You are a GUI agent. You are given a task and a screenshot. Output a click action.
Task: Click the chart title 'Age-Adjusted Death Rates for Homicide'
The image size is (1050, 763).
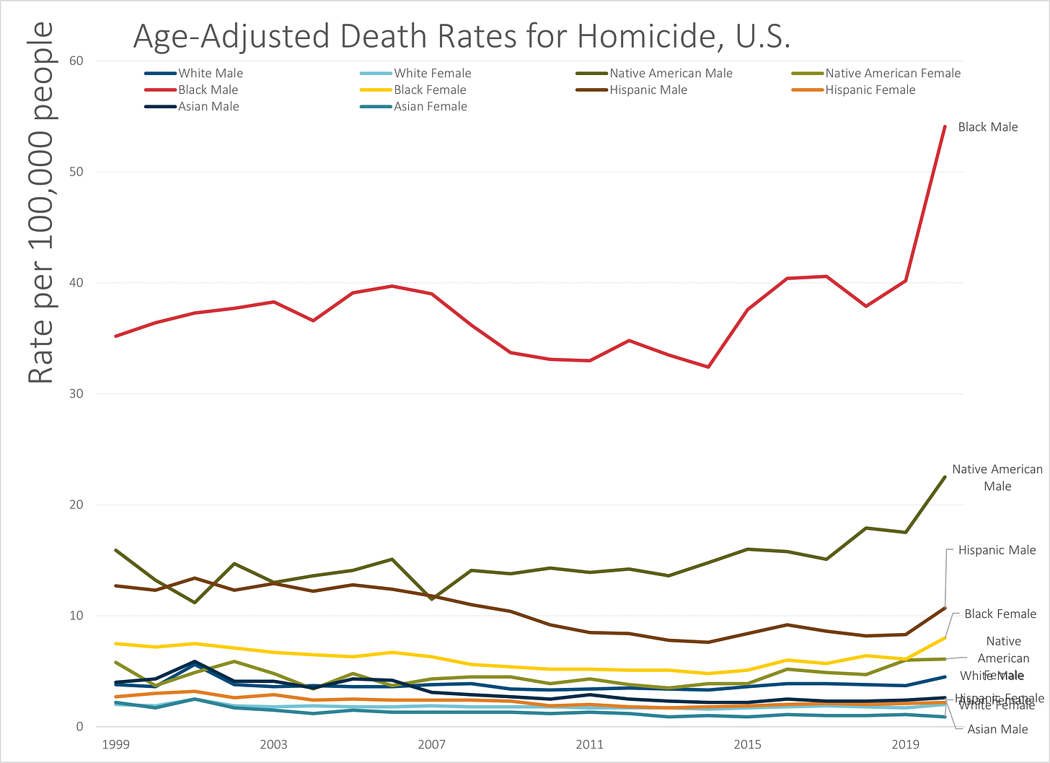click(462, 36)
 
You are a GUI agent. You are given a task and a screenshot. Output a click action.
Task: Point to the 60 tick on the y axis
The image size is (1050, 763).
click(76, 61)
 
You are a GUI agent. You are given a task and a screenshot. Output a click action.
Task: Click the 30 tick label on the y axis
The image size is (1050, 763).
click(76, 393)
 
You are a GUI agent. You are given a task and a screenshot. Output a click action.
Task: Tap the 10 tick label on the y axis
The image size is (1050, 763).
click(76, 616)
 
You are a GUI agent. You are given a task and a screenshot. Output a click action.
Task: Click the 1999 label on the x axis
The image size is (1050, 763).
click(116, 744)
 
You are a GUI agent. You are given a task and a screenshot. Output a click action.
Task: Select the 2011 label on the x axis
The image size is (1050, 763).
click(590, 744)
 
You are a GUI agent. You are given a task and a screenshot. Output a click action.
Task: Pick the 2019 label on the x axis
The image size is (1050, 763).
click(906, 744)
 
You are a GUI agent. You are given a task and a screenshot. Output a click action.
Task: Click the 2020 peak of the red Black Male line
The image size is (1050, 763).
click(945, 127)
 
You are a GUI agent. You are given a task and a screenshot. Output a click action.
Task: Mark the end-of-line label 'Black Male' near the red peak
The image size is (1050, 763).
click(987, 127)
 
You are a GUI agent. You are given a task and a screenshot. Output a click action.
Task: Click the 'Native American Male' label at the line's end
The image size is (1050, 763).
click(997, 477)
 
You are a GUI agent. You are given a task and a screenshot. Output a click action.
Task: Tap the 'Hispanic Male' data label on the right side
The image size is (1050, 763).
click(997, 550)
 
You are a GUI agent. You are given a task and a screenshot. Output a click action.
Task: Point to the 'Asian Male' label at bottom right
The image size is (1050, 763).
click(997, 729)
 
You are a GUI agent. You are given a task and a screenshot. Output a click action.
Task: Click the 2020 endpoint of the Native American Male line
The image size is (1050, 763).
click(945, 477)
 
